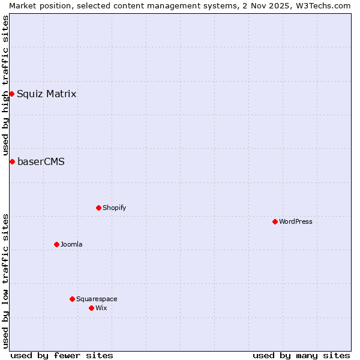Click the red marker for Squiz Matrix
[x=11, y=94]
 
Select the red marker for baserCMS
[x=12, y=161]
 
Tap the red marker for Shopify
[x=98, y=208]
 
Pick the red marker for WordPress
[x=275, y=221]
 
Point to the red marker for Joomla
[x=56, y=244]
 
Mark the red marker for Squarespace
[x=72, y=299]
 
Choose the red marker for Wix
[x=91, y=308]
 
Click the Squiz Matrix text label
[x=47, y=94]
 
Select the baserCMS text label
[x=41, y=161]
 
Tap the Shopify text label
[x=115, y=208]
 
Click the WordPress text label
[x=296, y=221]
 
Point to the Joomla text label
[x=71, y=244]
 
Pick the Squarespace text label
[x=97, y=299]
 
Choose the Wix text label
[x=101, y=308]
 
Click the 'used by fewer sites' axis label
[x=62, y=355]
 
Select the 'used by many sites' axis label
[x=301, y=355]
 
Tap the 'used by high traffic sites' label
[x=5, y=86]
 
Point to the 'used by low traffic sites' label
[x=5, y=281]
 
